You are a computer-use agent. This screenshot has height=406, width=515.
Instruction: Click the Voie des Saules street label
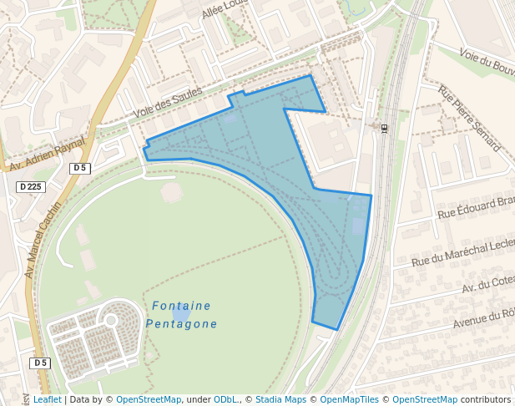[x=168, y=103]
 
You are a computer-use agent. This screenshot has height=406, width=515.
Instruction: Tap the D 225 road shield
[x=30, y=186]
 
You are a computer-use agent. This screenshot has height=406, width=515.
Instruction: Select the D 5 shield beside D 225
[x=79, y=168]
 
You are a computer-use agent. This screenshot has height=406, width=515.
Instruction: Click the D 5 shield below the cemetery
[x=39, y=363]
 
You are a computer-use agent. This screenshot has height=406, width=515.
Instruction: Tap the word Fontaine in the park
[x=181, y=306]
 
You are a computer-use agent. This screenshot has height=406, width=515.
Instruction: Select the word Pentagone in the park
[x=181, y=324]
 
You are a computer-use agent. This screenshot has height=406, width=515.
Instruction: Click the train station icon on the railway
[x=384, y=129]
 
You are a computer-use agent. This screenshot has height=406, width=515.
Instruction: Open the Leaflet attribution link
[x=47, y=400]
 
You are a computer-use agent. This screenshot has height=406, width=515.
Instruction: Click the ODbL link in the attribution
[x=225, y=400]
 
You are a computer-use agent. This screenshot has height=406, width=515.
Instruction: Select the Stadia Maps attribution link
[x=280, y=400]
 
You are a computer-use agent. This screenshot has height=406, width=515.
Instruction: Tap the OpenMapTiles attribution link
[x=349, y=400]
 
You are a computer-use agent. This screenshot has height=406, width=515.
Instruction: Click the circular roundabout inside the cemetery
[x=111, y=318]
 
